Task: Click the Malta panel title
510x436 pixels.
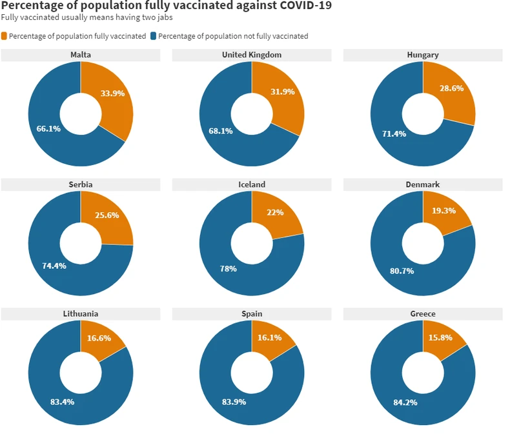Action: [x=81, y=55]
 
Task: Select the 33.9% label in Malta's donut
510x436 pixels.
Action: [x=112, y=93]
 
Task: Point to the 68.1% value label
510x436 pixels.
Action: [x=220, y=132]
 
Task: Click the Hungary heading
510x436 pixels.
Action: [x=423, y=55]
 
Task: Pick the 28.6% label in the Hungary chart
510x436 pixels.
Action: [x=452, y=88]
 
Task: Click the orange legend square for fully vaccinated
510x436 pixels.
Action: [x=5, y=36]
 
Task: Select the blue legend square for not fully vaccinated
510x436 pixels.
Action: [x=154, y=36]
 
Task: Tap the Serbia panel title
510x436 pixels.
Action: [x=81, y=184]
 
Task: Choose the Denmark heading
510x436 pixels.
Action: [x=423, y=184]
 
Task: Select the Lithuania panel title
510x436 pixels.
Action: [x=81, y=314]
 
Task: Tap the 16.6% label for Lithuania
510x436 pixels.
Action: [x=98, y=338]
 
